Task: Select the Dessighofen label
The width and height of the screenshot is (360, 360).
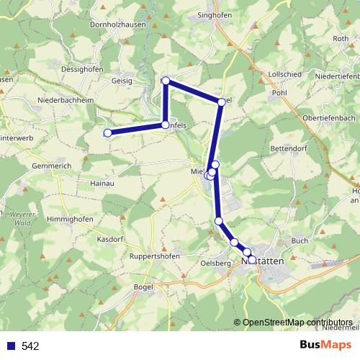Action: pyautogui.click(x=83, y=69)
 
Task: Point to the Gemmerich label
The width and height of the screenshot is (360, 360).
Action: pyautogui.click(x=51, y=165)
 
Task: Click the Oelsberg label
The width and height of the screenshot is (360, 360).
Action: pyautogui.click(x=216, y=263)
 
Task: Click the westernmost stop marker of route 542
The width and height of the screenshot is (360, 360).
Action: pyautogui.click(x=108, y=132)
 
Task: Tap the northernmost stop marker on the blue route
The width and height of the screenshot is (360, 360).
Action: pyautogui.click(x=166, y=81)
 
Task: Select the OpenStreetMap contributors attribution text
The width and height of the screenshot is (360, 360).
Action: pyautogui.click(x=297, y=322)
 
